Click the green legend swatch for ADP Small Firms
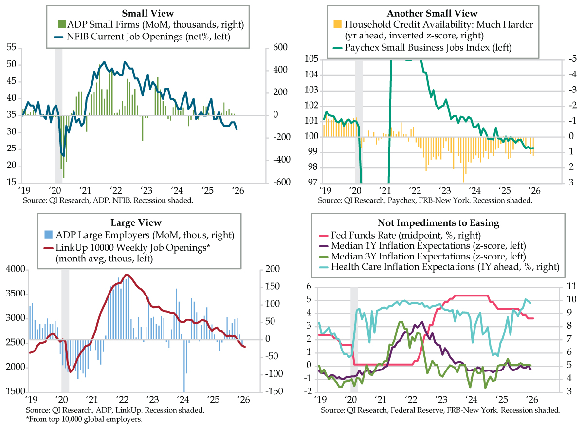click(x=62, y=24)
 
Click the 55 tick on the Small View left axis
click(x=12, y=47)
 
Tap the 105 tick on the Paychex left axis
click(x=311, y=59)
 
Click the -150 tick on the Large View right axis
click(x=273, y=391)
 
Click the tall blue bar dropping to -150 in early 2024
click(x=184, y=365)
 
